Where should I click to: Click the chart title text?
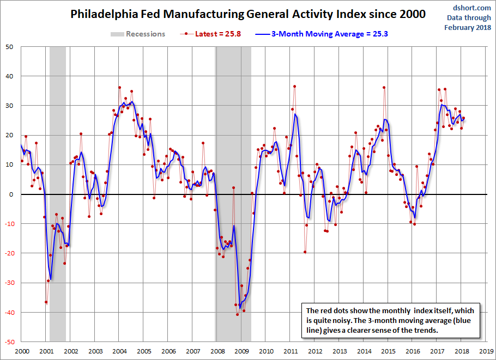point(248,14)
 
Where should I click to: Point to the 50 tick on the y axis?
point(10,46)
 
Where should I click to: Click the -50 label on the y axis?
point(9,342)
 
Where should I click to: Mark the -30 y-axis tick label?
point(9,283)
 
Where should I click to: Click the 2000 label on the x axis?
point(22,352)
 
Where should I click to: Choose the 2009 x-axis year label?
point(241,352)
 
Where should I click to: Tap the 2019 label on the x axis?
point(487,352)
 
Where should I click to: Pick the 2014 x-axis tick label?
point(364,352)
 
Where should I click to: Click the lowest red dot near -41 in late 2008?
point(237,314)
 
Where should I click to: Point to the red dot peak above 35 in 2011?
point(294,87)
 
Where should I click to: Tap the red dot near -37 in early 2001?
point(46,302)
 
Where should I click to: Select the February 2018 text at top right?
point(467,27)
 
